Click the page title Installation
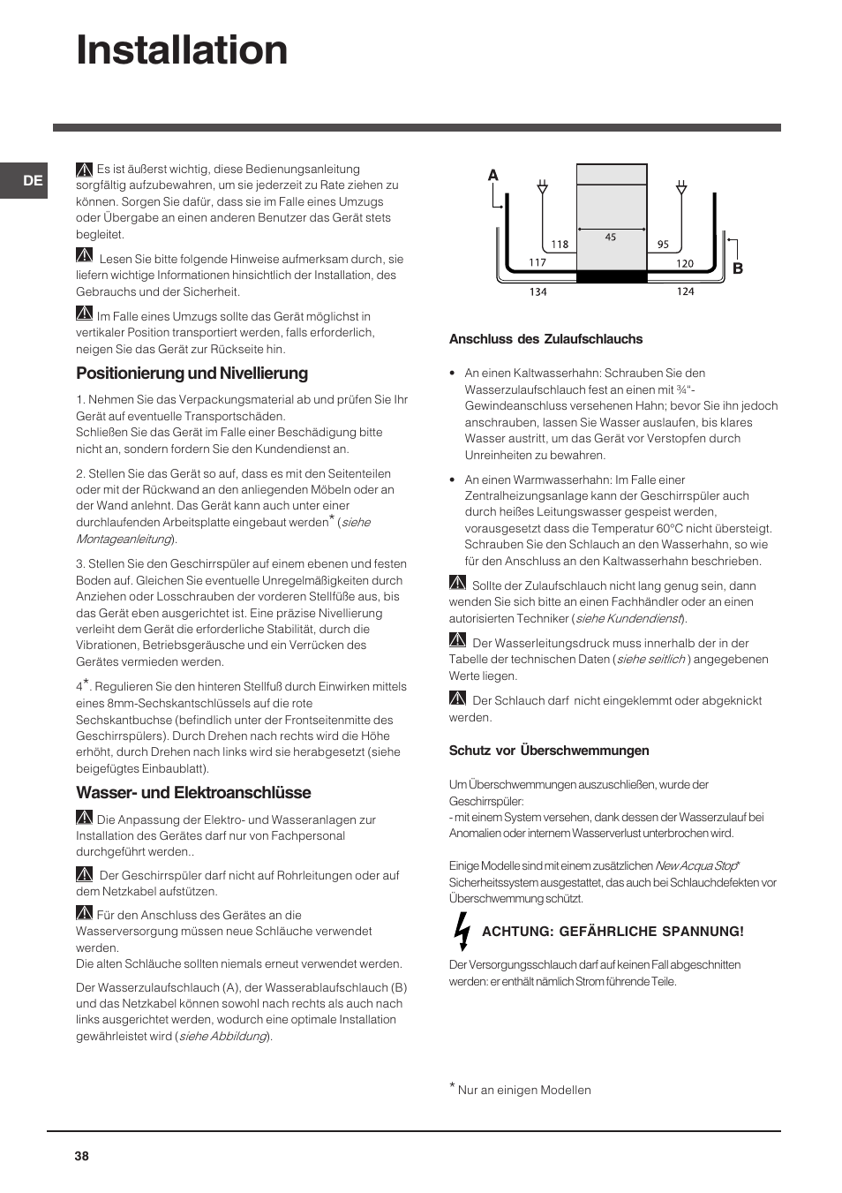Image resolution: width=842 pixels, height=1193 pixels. click(182, 50)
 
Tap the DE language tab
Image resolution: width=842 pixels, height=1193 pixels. click(33, 181)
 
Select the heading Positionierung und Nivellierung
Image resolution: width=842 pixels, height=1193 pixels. click(192, 374)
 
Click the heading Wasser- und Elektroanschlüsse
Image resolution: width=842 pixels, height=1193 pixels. click(193, 793)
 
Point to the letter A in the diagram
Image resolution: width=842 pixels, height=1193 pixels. click(493, 176)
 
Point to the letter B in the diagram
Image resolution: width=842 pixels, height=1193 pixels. click(738, 268)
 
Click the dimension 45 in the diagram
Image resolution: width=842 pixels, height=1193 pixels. click(611, 237)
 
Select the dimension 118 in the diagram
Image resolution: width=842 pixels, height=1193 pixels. click(560, 245)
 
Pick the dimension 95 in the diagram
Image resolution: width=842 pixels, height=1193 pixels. click(663, 245)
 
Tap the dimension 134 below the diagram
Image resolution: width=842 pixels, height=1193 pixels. click(538, 292)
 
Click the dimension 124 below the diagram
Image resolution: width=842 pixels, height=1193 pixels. click(686, 291)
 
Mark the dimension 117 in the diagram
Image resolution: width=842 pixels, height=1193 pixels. click(538, 262)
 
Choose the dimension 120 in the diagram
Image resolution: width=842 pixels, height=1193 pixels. click(685, 263)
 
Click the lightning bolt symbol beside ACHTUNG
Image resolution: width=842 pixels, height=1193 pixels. click(461, 932)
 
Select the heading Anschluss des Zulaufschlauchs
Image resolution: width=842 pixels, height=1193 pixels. click(545, 339)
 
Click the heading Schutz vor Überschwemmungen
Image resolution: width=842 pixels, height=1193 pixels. click(548, 751)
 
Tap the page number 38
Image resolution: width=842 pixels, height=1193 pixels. click(82, 1156)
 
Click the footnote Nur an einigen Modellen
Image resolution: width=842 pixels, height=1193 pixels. click(523, 1091)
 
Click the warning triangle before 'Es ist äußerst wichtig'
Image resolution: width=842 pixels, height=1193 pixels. click(85, 169)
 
